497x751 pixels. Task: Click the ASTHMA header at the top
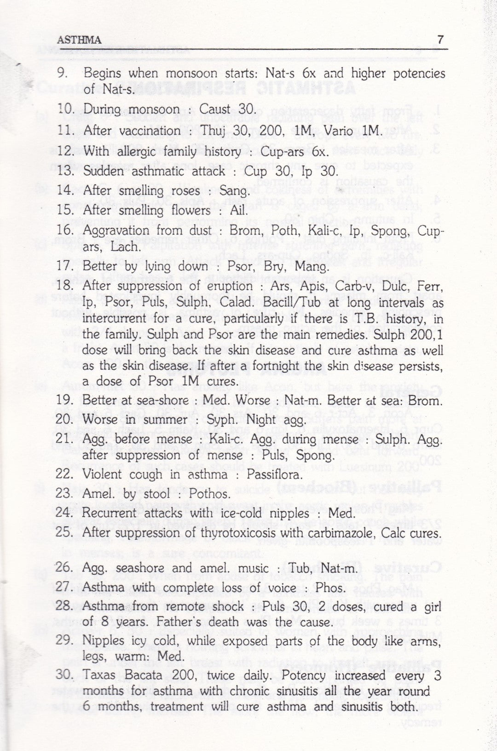click(79, 40)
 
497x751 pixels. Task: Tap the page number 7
click(440, 40)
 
